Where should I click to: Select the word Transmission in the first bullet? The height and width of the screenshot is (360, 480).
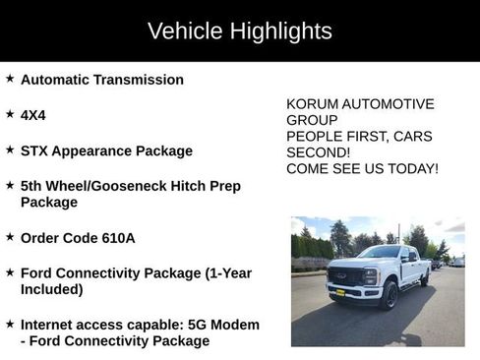pos(139,80)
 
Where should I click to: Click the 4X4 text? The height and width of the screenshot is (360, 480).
pos(32,115)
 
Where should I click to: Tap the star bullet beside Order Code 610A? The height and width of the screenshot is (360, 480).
pos(10,237)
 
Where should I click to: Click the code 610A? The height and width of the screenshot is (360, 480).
pos(118,238)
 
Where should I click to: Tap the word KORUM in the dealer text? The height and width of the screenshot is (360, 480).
pos(313,103)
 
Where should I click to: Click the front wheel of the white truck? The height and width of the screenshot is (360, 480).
pos(390,295)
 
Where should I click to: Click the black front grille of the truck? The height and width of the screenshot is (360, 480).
pos(345,275)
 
